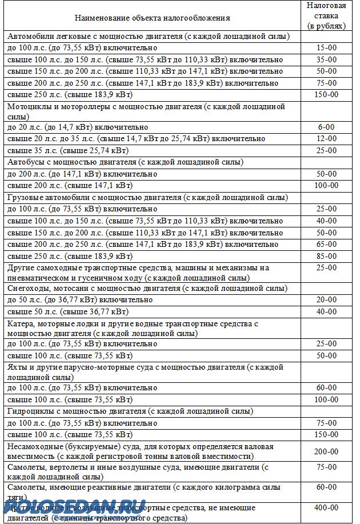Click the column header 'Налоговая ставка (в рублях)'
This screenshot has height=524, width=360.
(326, 15)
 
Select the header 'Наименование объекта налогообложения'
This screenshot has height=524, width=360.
(153, 18)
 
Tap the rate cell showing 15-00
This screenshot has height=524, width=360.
(326, 47)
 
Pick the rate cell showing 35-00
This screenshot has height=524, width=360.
(326, 59)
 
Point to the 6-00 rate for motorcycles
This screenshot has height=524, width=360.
(326, 127)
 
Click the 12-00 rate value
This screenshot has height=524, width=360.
(326, 139)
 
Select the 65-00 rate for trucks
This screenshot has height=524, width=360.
(326, 243)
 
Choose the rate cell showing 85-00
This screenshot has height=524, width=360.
(326, 255)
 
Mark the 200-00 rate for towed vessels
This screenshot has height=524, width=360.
(326, 451)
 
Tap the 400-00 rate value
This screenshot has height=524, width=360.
(326, 507)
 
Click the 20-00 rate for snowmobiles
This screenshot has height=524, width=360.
(326, 299)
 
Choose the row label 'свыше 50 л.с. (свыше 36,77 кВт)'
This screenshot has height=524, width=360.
(68, 311)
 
